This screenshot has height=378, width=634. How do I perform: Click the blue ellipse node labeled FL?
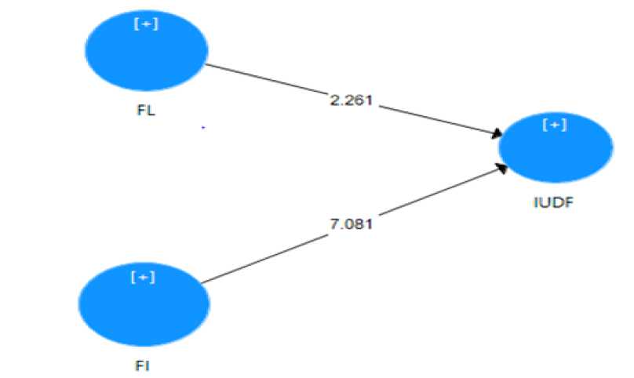point(146,51)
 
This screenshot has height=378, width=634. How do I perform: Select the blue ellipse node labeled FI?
point(144,303)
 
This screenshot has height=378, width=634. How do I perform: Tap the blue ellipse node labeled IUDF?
point(555,148)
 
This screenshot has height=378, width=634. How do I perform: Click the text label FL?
point(146,110)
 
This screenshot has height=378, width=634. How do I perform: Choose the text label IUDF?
point(556,205)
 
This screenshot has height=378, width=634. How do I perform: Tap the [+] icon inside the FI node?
point(145,278)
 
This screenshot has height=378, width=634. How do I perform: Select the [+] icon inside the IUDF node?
point(555,125)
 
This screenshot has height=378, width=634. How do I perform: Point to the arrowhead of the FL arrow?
point(496,135)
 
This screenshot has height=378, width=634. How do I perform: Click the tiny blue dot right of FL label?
point(203,127)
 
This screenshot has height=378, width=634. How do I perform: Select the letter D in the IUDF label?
point(558,205)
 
